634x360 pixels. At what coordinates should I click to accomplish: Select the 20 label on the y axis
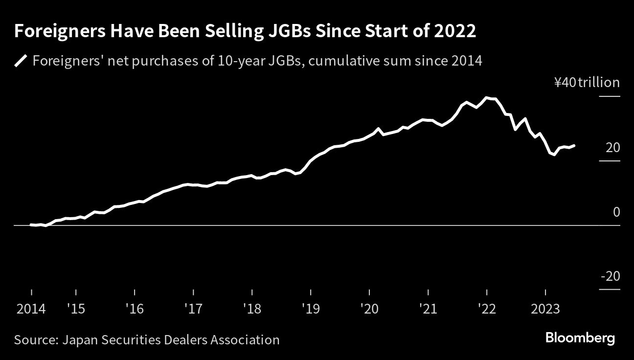(x=613, y=147)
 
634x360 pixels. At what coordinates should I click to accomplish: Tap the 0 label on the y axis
(x=616, y=212)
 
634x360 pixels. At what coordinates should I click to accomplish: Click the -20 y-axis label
(x=610, y=276)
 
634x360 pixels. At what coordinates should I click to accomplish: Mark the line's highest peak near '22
(x=486, y=98)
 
